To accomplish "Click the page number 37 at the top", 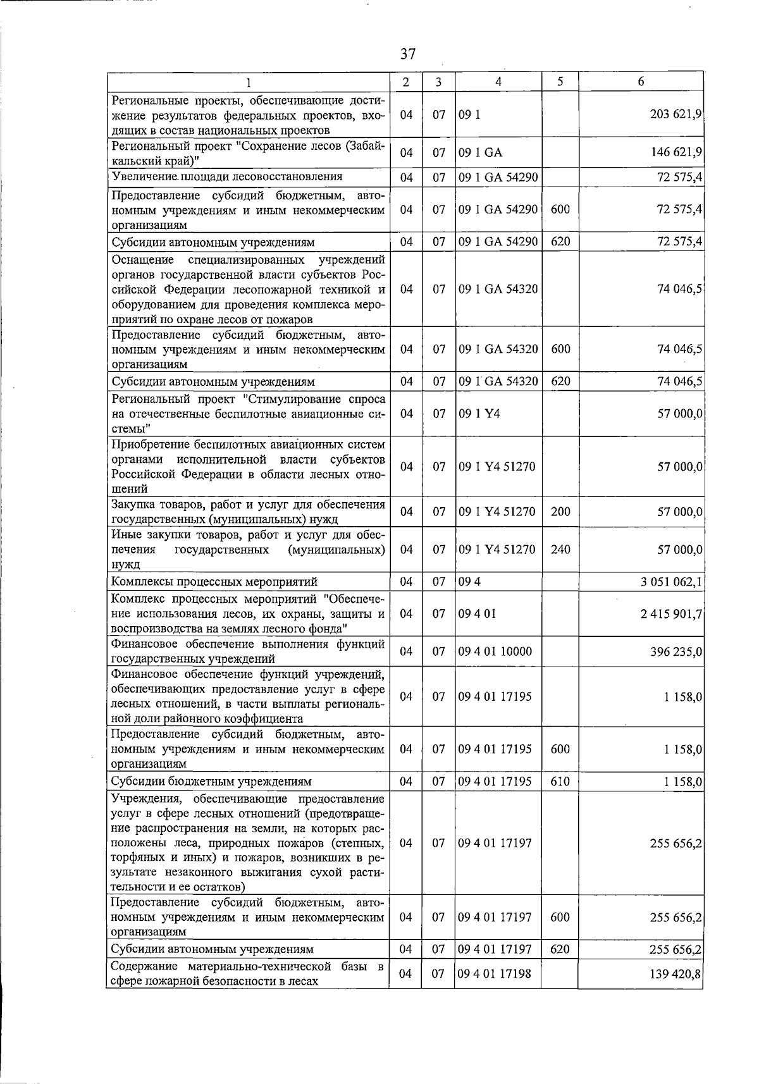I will pyautogui.click(x=408, y=54).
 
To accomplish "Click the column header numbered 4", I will pyautogui.click(x=498, y=82).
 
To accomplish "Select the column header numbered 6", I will pyautogui.click(x=641, y=82).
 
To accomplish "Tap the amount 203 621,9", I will pyautogui.click(x=676, y=115).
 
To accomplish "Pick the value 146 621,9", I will pyautogui.click(x=676, y=153).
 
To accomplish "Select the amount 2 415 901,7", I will pyautogui.click(x=671, y=613).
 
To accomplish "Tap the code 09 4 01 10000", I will pyautogui.click(x=495, y=651).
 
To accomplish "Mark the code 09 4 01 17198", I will pyautogui.click(x=495, y=974).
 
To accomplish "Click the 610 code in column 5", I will pyautogui.click(x=560, y=782).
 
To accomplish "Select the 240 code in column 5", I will pyautogui.click(x=560, y=550).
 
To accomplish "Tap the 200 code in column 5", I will pyautogui.click(x=560, y=512).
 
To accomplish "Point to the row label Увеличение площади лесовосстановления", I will pyautogui.click(x=227, y=176).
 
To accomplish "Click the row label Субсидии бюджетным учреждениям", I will pyautogui.click(x=211, y=782).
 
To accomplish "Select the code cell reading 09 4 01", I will pyautogui.click(x=478, y=613).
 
